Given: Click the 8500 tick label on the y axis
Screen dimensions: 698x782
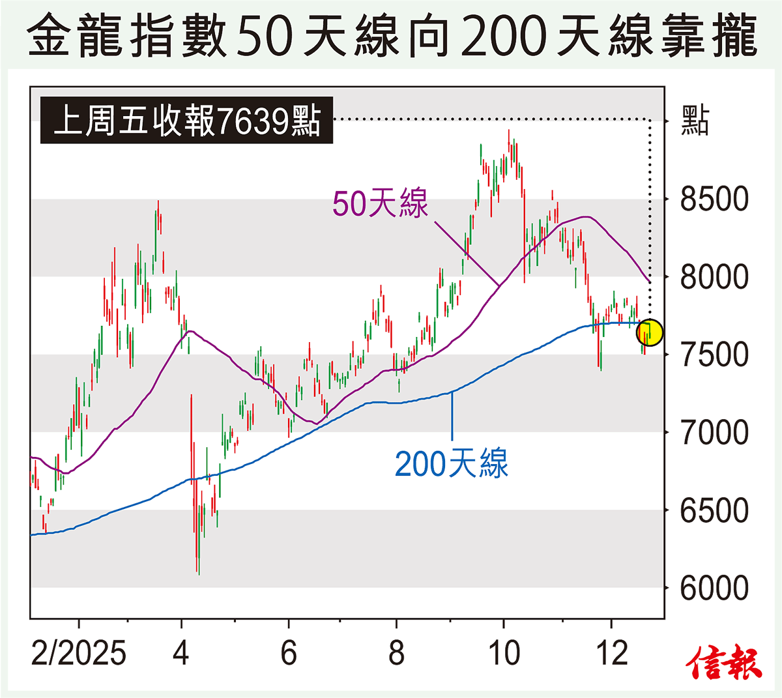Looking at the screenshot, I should click(x=714, y=199).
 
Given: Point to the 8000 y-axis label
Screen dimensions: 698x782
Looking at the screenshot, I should click(x=714, y=277).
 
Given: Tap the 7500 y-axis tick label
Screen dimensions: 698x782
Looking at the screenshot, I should click(x=714, y=355).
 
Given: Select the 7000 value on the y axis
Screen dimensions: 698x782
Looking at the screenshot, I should click(x=714, y=432).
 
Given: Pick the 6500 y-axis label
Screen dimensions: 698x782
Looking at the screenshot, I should click(x=714, y=510).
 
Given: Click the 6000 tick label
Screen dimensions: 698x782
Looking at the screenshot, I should click(x=714, y=588).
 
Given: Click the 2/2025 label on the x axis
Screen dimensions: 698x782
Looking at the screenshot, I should click(x=79, y=652).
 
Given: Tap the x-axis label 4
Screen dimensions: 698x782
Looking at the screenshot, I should click(x=181, y=652).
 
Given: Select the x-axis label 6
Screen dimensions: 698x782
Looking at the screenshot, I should click(x=289, y=652).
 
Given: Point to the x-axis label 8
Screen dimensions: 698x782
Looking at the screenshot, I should click(x=396, y=652).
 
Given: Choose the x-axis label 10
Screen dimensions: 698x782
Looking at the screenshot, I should click(x=504, y=652).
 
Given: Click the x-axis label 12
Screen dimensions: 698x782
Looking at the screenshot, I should click(x=611, y=652).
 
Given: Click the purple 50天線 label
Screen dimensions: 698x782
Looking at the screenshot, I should click(x=381, y=203).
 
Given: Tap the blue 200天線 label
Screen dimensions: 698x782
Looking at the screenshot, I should click(x=451, y=464).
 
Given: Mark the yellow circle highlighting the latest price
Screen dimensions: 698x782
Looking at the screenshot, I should click(x=649, y=332).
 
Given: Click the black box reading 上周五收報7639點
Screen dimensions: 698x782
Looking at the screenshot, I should click(x=187, y=121).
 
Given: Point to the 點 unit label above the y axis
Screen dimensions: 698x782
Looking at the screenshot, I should click(x=695, y=121).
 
